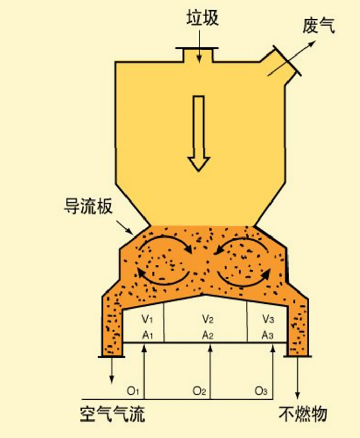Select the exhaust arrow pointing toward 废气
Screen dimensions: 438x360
click(291, 59)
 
